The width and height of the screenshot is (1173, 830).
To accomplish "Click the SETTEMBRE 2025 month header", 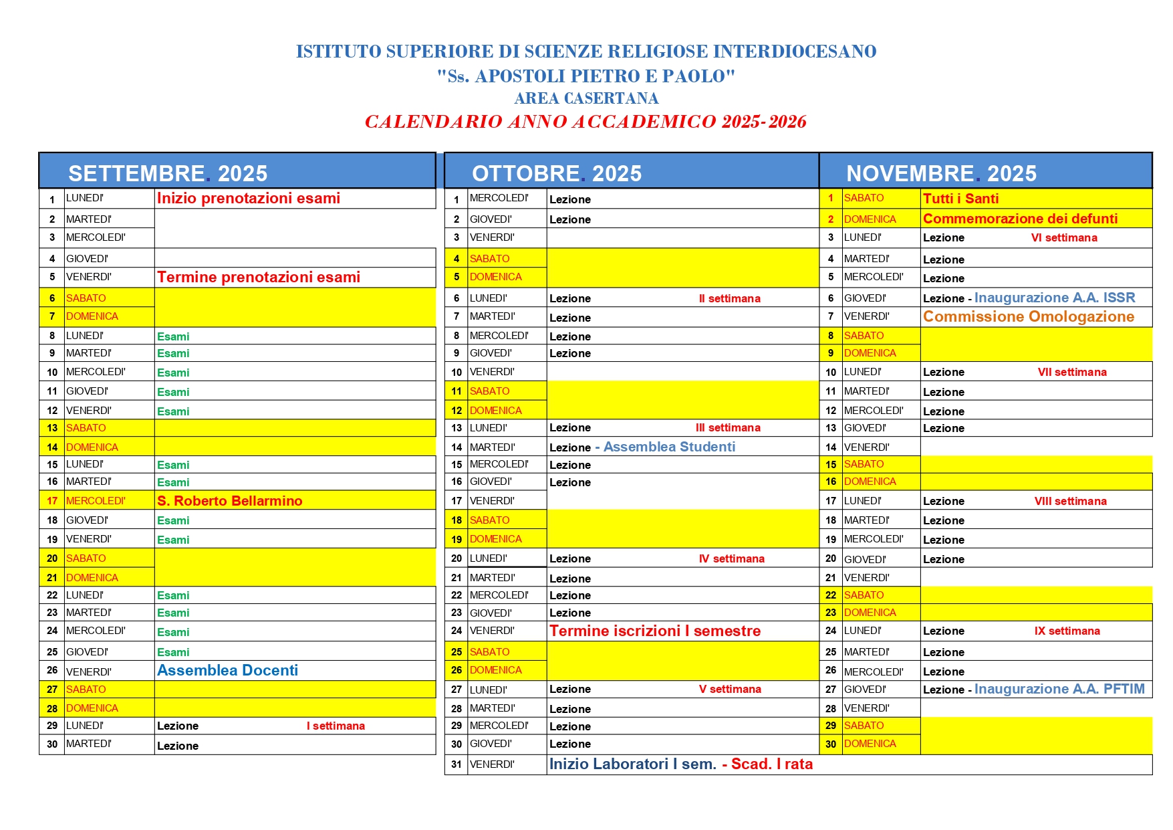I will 168,173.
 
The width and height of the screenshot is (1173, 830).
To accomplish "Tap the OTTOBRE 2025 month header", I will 556,173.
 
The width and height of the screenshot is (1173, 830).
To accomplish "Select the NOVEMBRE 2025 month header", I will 941,173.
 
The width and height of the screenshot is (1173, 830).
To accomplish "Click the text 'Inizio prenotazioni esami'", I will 248,199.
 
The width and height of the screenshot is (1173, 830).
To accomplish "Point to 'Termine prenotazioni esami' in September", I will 258,278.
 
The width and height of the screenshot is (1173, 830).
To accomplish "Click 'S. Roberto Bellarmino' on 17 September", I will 229,501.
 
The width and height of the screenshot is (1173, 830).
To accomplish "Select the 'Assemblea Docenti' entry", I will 227,671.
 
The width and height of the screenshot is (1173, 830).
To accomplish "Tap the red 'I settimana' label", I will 336,726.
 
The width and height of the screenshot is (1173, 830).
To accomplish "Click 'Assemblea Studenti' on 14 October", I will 669,447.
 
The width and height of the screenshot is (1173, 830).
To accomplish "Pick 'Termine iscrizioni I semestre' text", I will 654,631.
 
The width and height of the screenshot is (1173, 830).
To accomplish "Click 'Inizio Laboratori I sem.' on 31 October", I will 632,764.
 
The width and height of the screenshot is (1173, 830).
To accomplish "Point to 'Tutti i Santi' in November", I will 960,199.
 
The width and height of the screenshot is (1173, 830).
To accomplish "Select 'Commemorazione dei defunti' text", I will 1020,219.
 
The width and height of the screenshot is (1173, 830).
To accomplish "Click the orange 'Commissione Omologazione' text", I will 1028,317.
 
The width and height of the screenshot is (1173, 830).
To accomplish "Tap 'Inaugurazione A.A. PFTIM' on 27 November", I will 1059,689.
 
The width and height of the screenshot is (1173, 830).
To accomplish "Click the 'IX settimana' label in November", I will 1067,631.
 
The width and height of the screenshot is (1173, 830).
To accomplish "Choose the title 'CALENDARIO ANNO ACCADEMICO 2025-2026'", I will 585,122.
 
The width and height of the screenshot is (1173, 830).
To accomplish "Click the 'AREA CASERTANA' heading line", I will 586,98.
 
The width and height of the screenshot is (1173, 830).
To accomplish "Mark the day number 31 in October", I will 457,764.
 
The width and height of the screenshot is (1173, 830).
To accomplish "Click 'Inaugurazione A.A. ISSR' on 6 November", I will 1055,298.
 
